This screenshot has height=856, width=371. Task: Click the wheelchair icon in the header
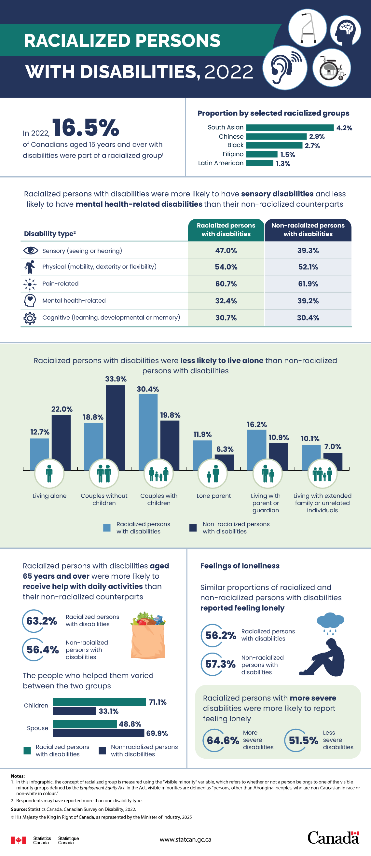click(332, 68)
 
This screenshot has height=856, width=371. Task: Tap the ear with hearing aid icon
click(285, 68)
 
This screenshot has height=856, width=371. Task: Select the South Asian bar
click(290, 128)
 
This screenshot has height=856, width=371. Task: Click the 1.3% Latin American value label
click(283, 163)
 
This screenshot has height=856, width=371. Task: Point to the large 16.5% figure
click(85, 128)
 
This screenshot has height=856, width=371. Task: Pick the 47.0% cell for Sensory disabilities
click(226, 251)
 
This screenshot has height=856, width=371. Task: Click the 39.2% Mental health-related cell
click(308, 301)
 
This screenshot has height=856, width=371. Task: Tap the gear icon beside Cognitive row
click(30, 318)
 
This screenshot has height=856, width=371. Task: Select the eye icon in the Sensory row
click(30, 250)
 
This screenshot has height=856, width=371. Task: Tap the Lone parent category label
click(213, 496)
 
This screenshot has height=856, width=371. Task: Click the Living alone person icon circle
click(49, 474)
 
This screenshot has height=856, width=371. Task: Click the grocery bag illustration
click(148, 635)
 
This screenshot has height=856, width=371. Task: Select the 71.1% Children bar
click(99, 702)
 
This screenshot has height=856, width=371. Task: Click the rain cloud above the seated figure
click(330, 621)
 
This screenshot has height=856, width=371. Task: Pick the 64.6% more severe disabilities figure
click(223, 740)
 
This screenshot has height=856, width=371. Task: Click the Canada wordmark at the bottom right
click(333, 838)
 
